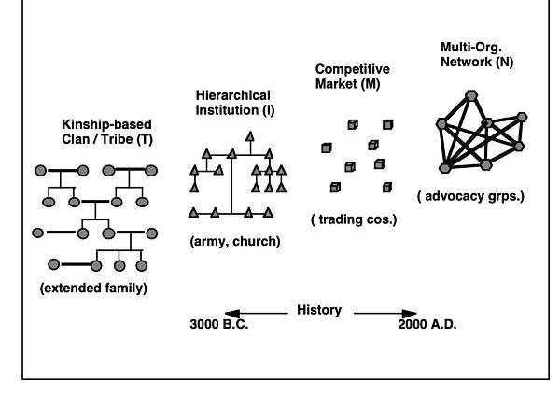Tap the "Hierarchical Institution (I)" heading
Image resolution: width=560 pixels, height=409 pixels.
pos(232,103)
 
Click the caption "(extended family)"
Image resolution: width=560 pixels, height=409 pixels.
pos(93,289)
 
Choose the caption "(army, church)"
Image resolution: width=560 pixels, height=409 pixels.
pos(234,242)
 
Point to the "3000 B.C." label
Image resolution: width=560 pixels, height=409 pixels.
pos(219,325)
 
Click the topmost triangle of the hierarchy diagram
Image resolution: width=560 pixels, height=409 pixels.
pos(249,137)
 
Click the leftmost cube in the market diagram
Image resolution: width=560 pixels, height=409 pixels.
pos(326,148)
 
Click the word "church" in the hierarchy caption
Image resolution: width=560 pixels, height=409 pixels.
pos(258,242)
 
